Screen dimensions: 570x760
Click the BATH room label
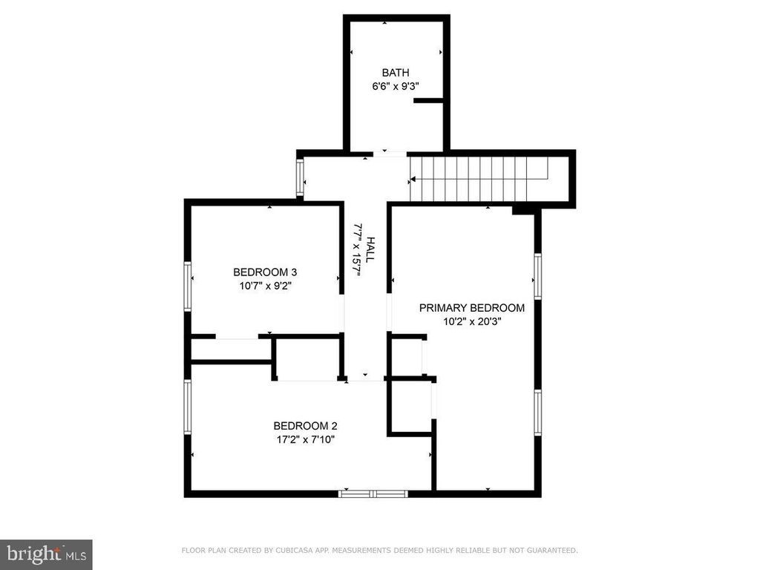396,73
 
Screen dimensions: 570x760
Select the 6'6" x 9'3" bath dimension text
396,86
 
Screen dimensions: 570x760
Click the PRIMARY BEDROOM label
472,308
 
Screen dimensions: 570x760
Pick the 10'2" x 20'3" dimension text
472,321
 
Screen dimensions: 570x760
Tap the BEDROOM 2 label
305,426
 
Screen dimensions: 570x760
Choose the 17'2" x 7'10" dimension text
305,439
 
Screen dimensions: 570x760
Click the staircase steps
479,179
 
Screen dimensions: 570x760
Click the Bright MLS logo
46,554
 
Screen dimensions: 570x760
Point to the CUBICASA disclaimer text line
379,551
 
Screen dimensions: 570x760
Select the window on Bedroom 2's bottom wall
373,493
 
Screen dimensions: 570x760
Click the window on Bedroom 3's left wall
189,286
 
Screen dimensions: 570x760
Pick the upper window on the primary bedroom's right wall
537,276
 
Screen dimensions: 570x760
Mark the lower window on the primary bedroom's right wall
537,414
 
